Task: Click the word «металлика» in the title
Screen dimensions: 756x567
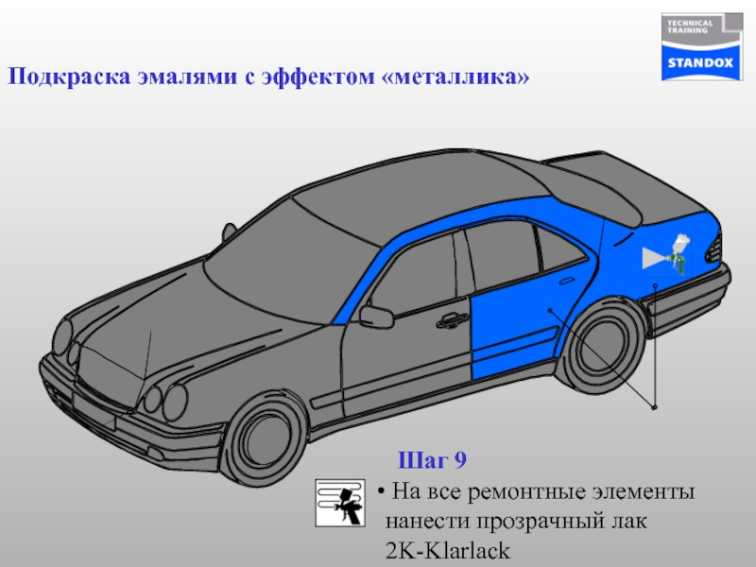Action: (x=457, y=76)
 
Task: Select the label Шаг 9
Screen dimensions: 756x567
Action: (x=432, y=460)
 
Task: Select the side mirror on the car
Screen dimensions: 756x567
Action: (x=376, y=316)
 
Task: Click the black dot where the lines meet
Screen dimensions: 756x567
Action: (x=654, y=408)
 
